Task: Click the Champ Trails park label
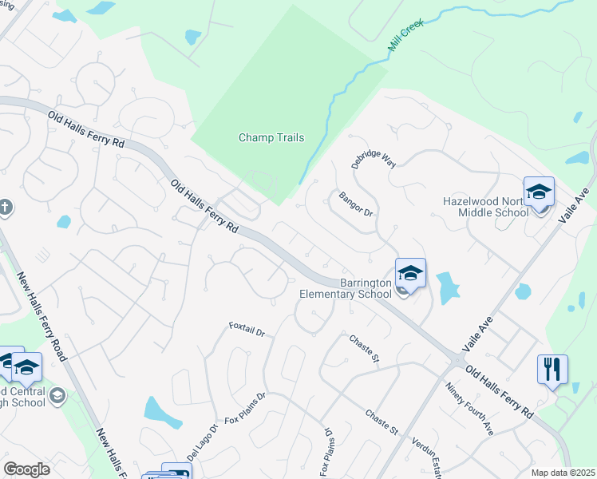(271, 138)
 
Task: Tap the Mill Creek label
(405, 36)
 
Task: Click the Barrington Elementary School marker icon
(410, 274)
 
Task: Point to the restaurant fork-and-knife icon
(552, 369)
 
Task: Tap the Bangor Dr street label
(355, 204)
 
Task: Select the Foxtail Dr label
(246, 328)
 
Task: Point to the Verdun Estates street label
(428, 454)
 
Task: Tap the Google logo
(26, 469)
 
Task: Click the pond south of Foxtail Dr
(163, 411)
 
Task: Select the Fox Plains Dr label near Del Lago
(244, 409)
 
